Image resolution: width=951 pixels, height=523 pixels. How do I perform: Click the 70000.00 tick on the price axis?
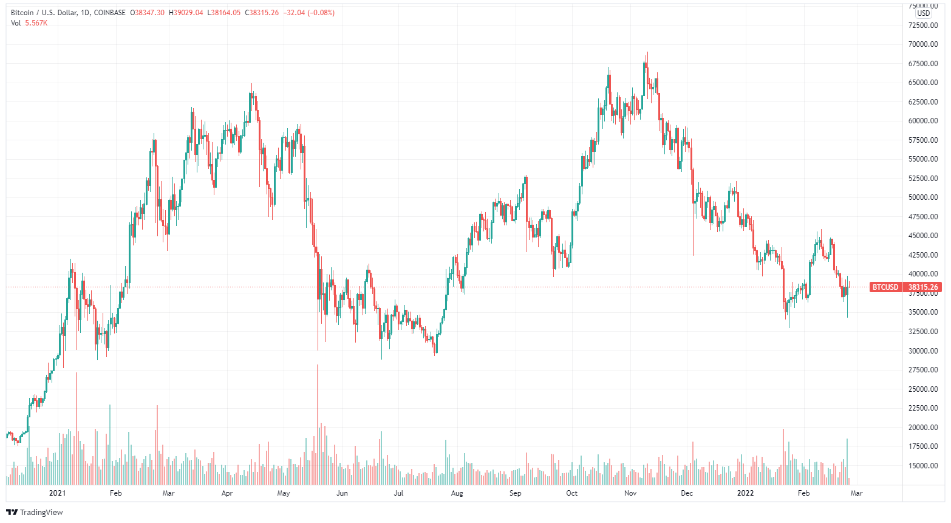pyautogui.click(x=922, y=44)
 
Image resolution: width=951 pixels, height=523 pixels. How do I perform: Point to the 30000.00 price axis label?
pyautogui.click(x=922, y=351)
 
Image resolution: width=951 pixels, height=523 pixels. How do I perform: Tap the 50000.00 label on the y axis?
pyautogui.click(x=922, y=197)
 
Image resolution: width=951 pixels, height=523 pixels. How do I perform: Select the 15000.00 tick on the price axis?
pyautogui.click(x=922, y=466)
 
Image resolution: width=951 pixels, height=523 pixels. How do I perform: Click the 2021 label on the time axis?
pyautogui.click(x=57, y=493)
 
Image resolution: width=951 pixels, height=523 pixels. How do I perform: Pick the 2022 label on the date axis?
pyautogui.click(x=745, y=493)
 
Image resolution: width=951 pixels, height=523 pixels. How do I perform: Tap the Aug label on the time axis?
pyautogui.click(x=457, y=493)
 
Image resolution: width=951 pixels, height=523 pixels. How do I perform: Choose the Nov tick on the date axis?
pyautogui.click(x=630, y=493)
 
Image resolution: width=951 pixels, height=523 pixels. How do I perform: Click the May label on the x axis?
pyautogui.click(x=284, y=493)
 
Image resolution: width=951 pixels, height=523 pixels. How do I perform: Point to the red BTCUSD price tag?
pyautogui.click(x=885, y=287)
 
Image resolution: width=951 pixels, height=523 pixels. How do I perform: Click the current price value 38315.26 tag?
pyautogui.click(x=923, y=287)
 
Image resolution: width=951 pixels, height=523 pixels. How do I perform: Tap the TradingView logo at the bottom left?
pyautogui.click(x=35, y=512)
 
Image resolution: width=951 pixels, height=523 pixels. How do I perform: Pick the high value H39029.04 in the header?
pyautogui.click(x=186, y=13)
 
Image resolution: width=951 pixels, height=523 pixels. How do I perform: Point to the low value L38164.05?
pyautogui.click(x=224, y=13)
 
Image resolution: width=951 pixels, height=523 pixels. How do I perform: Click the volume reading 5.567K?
pyautogui.click(x=36, y=23)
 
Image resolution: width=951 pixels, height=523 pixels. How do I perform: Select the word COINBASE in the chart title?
pyautogui.click(x=110, y=13)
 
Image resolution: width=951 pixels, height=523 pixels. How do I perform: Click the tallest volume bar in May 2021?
pyautogui.click(x=318, y=425)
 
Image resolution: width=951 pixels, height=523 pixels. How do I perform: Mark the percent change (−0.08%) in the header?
pyautogui.click(x=321, y=13)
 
